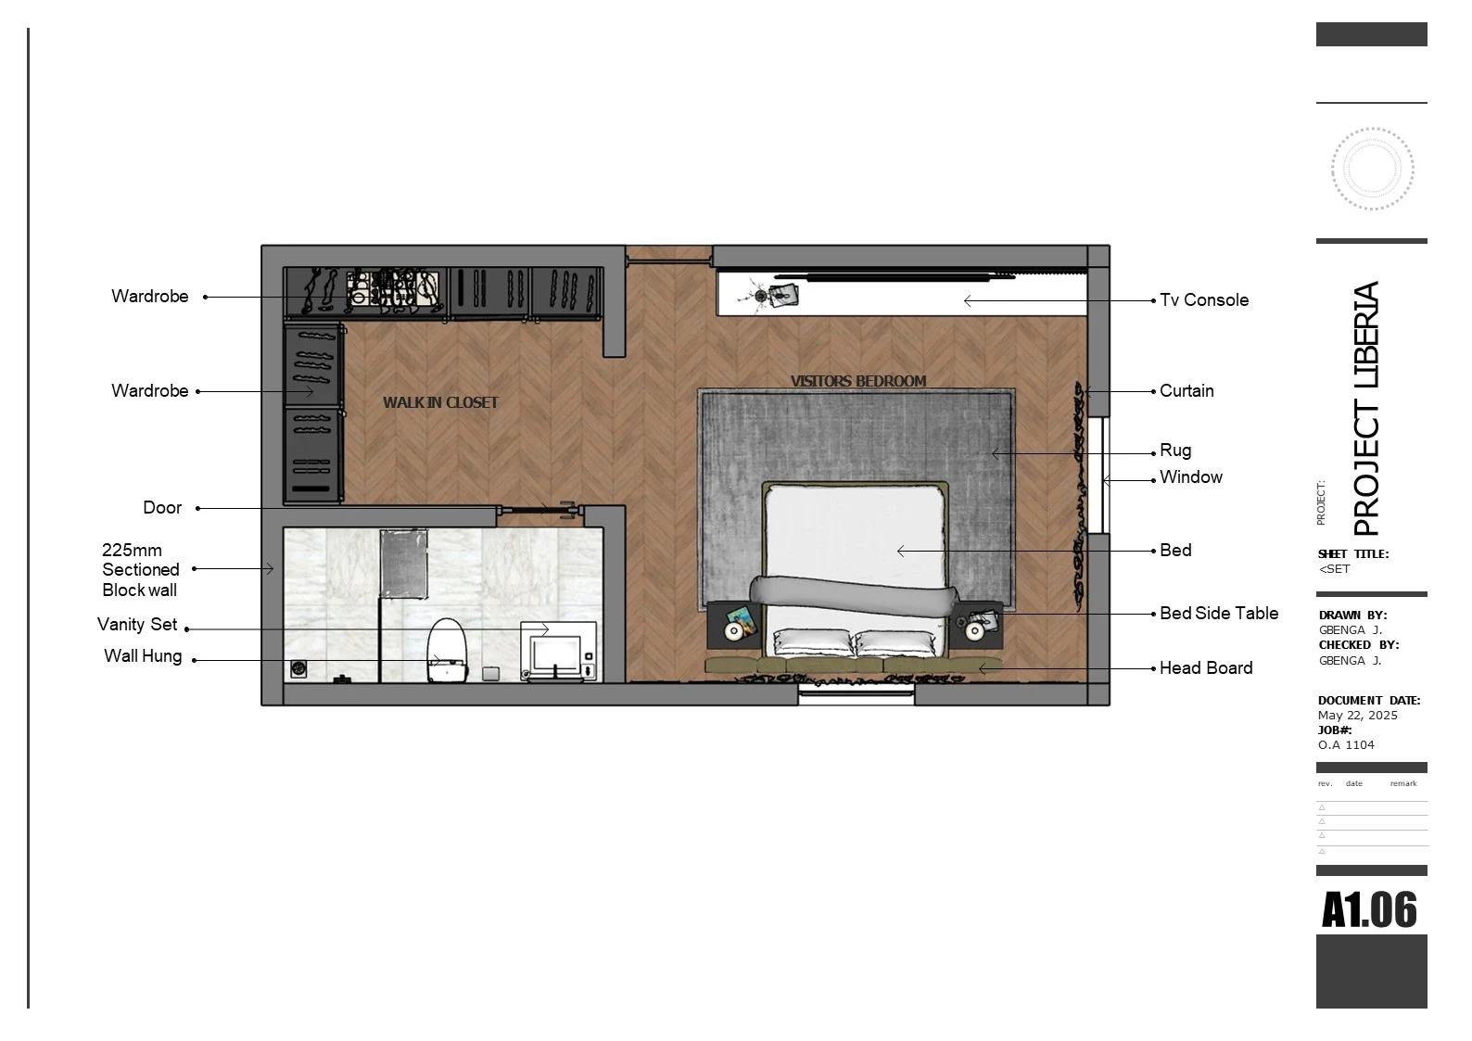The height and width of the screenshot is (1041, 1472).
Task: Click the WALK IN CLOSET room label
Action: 440,403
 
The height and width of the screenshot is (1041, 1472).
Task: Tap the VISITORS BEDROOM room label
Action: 858,381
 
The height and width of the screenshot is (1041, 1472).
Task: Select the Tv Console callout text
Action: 1204,300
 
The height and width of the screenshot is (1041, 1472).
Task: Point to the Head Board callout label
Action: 1206,668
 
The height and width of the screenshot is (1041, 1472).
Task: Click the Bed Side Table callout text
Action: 1219,613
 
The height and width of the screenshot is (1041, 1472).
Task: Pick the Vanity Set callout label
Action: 137,625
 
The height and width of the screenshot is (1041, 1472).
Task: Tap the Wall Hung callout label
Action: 143,656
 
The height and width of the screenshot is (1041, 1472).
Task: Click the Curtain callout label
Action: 1186,391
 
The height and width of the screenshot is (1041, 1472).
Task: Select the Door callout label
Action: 162,508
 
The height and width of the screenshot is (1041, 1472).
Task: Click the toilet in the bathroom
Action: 447,650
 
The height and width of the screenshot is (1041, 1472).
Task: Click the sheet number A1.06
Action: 1369,910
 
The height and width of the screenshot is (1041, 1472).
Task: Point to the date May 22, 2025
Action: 1358,716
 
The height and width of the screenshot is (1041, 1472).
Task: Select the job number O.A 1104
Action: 1346,745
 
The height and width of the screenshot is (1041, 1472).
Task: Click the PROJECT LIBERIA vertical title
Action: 1365,409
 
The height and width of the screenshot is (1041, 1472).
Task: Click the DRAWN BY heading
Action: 1352,616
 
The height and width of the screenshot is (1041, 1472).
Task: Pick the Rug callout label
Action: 1175,451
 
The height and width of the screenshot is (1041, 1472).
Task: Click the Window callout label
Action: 1191,477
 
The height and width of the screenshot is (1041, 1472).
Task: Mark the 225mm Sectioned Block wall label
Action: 140,570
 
